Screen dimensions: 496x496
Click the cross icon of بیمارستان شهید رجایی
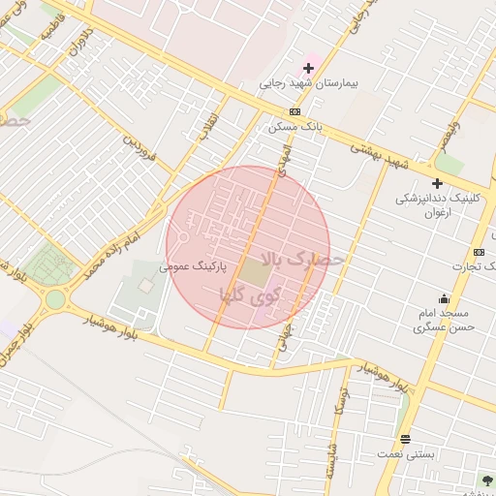point(309,68)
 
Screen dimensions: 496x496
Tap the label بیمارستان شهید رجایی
point(309,84)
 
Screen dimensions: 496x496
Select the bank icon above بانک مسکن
point(294,111)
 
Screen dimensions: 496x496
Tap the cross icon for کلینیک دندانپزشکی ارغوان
point(437,183)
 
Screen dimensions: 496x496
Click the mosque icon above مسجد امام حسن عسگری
point(444,298)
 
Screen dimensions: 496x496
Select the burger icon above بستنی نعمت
point(405,439)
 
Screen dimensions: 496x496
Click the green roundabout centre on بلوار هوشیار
point(55,299)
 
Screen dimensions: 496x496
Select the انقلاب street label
point(209,125)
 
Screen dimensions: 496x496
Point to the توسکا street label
point(339,395)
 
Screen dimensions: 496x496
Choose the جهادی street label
point(283,341)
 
